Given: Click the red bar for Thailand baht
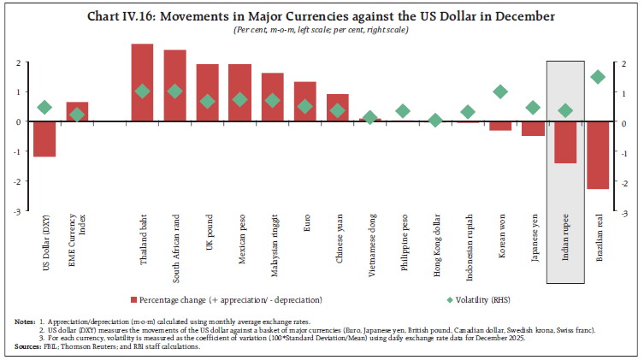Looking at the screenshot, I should pos(142,83).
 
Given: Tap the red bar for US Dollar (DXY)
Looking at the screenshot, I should pos(44,139).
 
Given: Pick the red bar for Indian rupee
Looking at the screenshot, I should pos(564,142).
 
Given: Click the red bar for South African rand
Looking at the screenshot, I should pos(174,86).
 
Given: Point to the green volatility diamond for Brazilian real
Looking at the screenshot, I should pos(597,77).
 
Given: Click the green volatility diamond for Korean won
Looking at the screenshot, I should pos(500,91).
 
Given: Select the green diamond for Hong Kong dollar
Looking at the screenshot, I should pos(435,121).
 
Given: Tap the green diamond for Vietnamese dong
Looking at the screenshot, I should pos(370,118).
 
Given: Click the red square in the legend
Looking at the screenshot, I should pos(133,300).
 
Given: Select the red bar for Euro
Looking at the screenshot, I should pos(305,102).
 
